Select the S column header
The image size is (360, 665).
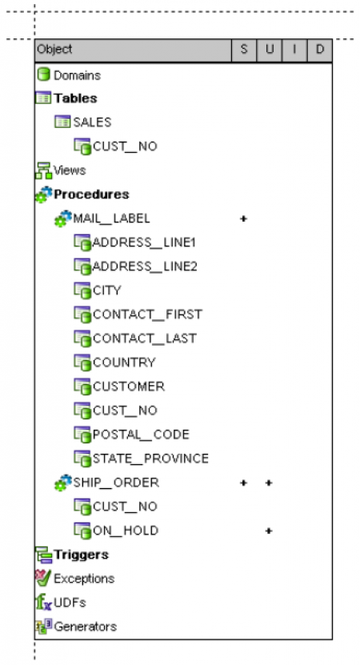[x=244, y=50]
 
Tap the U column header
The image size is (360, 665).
[x=270, y=50]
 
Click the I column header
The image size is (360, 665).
[x=294, y=50]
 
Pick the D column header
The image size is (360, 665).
[x=320, y=50]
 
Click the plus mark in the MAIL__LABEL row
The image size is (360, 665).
[x=243, y=218]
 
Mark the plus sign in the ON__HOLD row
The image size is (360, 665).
[x=269, y=531]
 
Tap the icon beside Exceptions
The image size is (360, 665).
[x=43, y=578]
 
